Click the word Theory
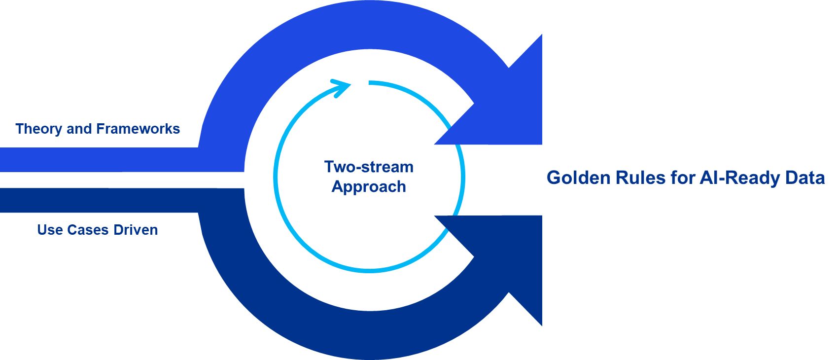[x=38, y=129]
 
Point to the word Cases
[x=88, y=230]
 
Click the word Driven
[x=136, y=230]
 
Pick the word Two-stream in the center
[x=369, y=167]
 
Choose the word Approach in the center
[x=369, y=187]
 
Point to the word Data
[x=805, y=178]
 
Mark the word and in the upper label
[x=80, y=129]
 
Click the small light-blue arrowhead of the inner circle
[x=341, y=87]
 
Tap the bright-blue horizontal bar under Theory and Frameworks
[x=99, y=159]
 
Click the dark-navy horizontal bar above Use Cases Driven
[x=99, y=200]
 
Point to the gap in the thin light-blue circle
[x=360, y=82]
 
